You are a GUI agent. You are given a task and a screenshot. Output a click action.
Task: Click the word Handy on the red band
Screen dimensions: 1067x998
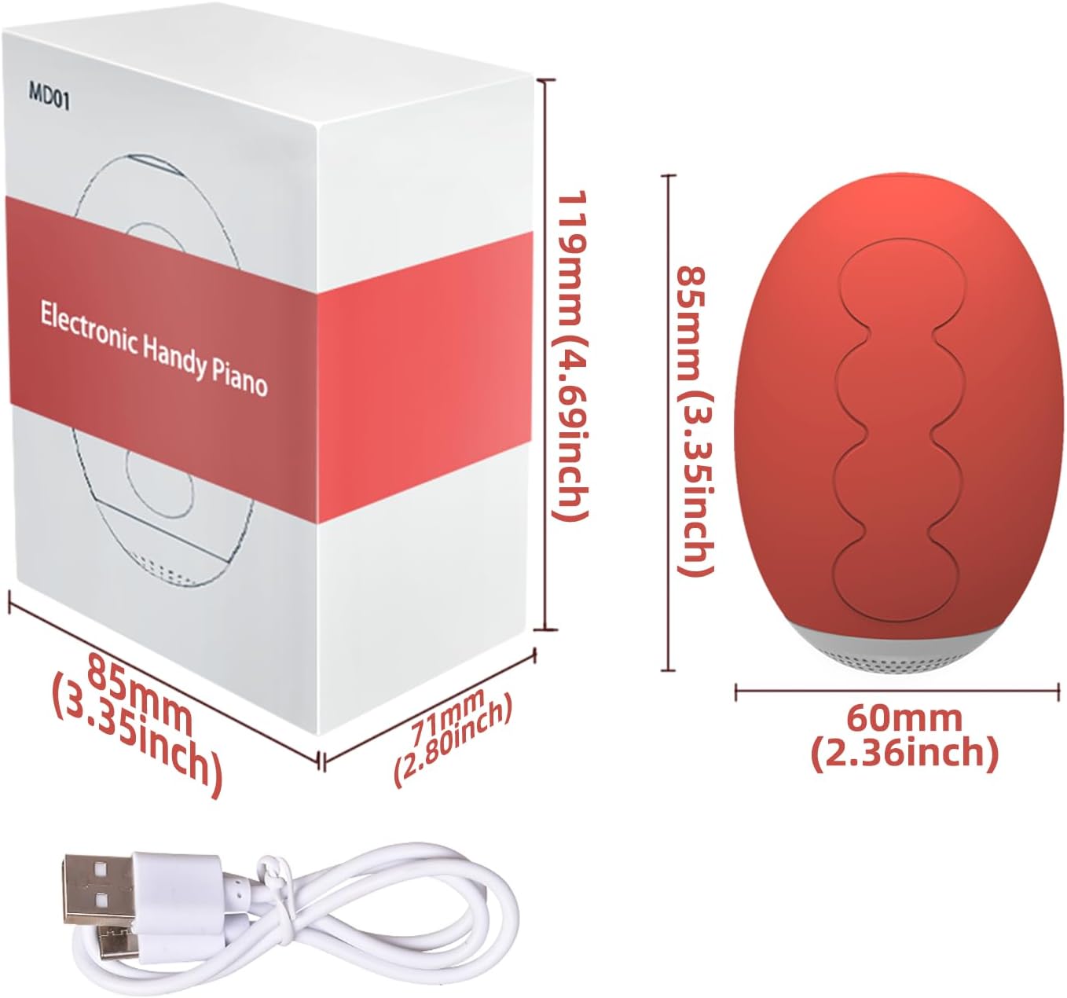tap(173, 355)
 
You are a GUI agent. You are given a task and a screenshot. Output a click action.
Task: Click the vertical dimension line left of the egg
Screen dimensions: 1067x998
tap(669, 422)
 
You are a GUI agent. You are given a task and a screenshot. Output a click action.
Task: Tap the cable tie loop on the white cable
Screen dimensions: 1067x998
tap(271, 867)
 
